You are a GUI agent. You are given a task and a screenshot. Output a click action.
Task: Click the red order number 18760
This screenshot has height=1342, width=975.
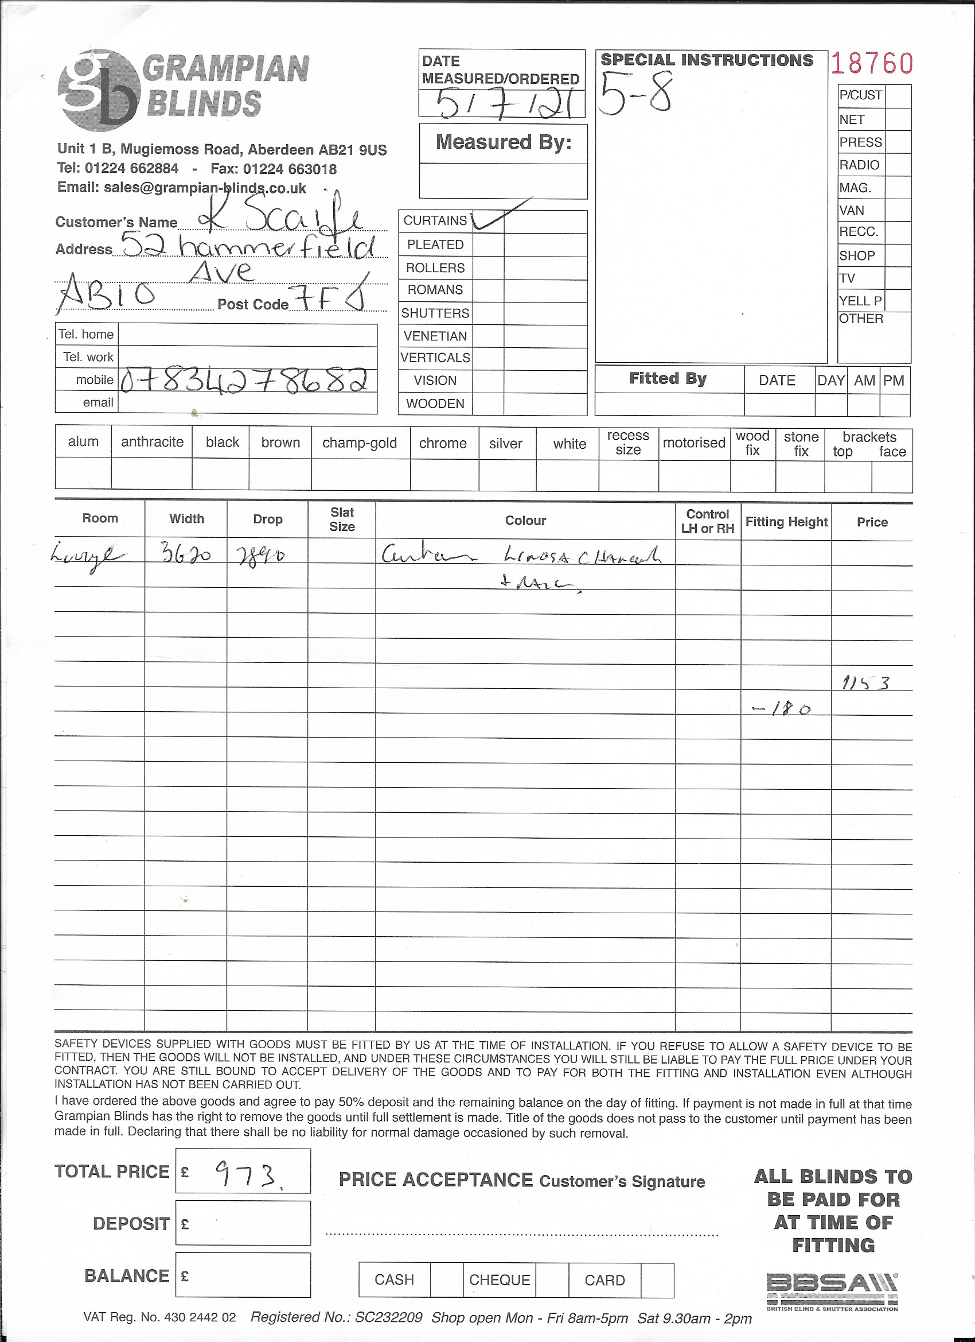click(872, 63)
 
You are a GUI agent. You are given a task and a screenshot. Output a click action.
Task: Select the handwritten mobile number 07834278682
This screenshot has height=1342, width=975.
click(248, 381)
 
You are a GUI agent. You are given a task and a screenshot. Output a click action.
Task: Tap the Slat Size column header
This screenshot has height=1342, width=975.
click(342, 519)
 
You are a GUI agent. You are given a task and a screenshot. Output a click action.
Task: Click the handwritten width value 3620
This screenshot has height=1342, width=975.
click(186, 554)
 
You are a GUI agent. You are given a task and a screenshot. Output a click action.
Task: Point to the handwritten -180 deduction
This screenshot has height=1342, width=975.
click(781, 709)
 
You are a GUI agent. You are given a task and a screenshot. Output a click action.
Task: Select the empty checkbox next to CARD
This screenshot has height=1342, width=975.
click(657, 1280)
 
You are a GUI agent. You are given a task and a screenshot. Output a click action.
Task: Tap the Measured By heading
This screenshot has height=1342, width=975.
click(503, 142)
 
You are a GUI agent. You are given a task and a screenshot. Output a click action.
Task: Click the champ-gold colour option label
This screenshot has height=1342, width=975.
click(360, 443)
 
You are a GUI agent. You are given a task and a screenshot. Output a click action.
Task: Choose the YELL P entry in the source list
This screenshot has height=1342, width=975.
click(860, 301)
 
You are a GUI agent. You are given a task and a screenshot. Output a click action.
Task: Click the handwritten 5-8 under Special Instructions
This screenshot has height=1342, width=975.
click(635, 94)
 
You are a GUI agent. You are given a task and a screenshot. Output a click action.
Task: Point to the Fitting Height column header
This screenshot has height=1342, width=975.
click(786, 522)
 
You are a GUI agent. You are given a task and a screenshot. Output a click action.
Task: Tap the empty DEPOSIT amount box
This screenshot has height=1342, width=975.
click(243, 1223)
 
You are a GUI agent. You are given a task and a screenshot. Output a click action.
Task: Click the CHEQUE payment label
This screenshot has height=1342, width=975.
click(499, 1280)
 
